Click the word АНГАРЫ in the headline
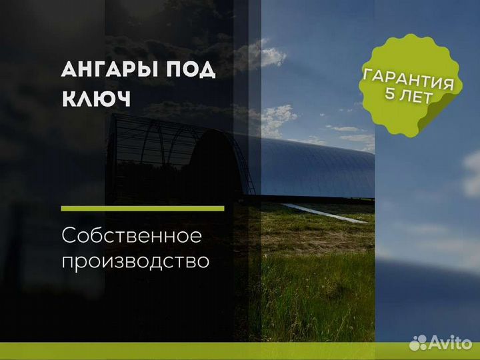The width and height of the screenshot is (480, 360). pos(109,69)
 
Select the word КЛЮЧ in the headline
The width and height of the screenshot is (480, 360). pos(97,99)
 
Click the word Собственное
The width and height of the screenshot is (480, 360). pos(131,236)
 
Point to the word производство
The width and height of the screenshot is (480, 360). pos(135,262)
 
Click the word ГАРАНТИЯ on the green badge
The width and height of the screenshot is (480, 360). pos(408,79)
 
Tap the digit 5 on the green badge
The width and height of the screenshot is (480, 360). pos(390,94)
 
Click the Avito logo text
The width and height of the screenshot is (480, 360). pos(450,342)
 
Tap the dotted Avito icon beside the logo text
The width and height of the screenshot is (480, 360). pos(418,343)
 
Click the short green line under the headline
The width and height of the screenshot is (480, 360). pos(143,209)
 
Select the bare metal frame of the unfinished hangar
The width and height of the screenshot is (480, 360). pos(153,153)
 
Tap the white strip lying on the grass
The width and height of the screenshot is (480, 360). pos(325,213)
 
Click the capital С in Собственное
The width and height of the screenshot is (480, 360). pos(69,236)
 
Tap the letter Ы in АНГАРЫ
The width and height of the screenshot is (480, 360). pos(148,69)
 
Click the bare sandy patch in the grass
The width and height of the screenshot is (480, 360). pos(319,242)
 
